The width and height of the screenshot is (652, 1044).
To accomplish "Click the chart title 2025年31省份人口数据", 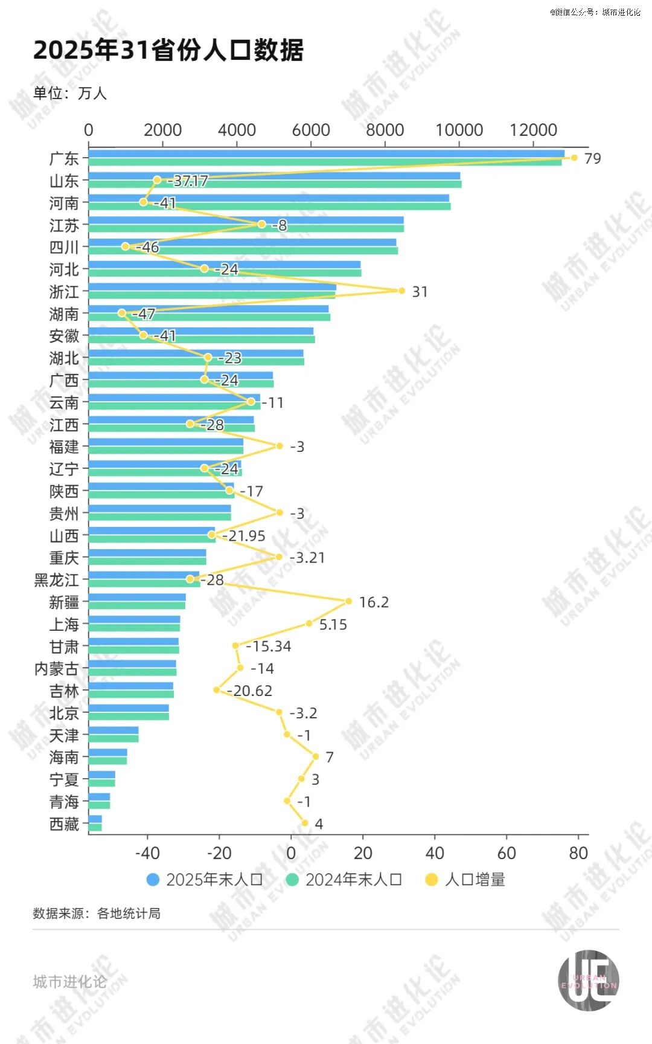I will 168,51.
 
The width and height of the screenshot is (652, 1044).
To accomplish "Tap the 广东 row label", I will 64,159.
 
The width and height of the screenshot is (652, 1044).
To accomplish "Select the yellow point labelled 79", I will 574,158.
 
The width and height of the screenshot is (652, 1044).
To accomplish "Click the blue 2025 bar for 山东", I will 274,176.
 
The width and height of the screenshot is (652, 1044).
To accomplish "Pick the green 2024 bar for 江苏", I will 246,228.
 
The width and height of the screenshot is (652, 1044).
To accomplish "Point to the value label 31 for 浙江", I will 420,292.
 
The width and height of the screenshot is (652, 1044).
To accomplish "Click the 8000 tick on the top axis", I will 385,130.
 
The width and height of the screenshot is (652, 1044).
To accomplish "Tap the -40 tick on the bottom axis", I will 147,853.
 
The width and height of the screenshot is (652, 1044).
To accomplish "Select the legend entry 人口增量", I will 465,880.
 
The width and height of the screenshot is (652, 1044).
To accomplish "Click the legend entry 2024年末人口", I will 344,880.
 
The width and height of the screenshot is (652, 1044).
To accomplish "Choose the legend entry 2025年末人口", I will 205,880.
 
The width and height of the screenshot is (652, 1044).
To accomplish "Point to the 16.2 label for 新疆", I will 374,602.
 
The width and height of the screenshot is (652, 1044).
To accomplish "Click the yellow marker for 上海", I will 309,623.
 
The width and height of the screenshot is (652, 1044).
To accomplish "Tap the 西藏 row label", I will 64,824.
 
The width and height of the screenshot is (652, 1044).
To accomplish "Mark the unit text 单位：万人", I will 70,94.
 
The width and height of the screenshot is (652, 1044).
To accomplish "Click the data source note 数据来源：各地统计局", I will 97,913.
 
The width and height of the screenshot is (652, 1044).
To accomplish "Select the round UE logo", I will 588,980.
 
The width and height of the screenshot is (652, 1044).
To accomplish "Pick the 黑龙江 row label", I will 57,580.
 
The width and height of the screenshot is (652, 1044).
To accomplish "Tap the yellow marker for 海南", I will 315,756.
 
